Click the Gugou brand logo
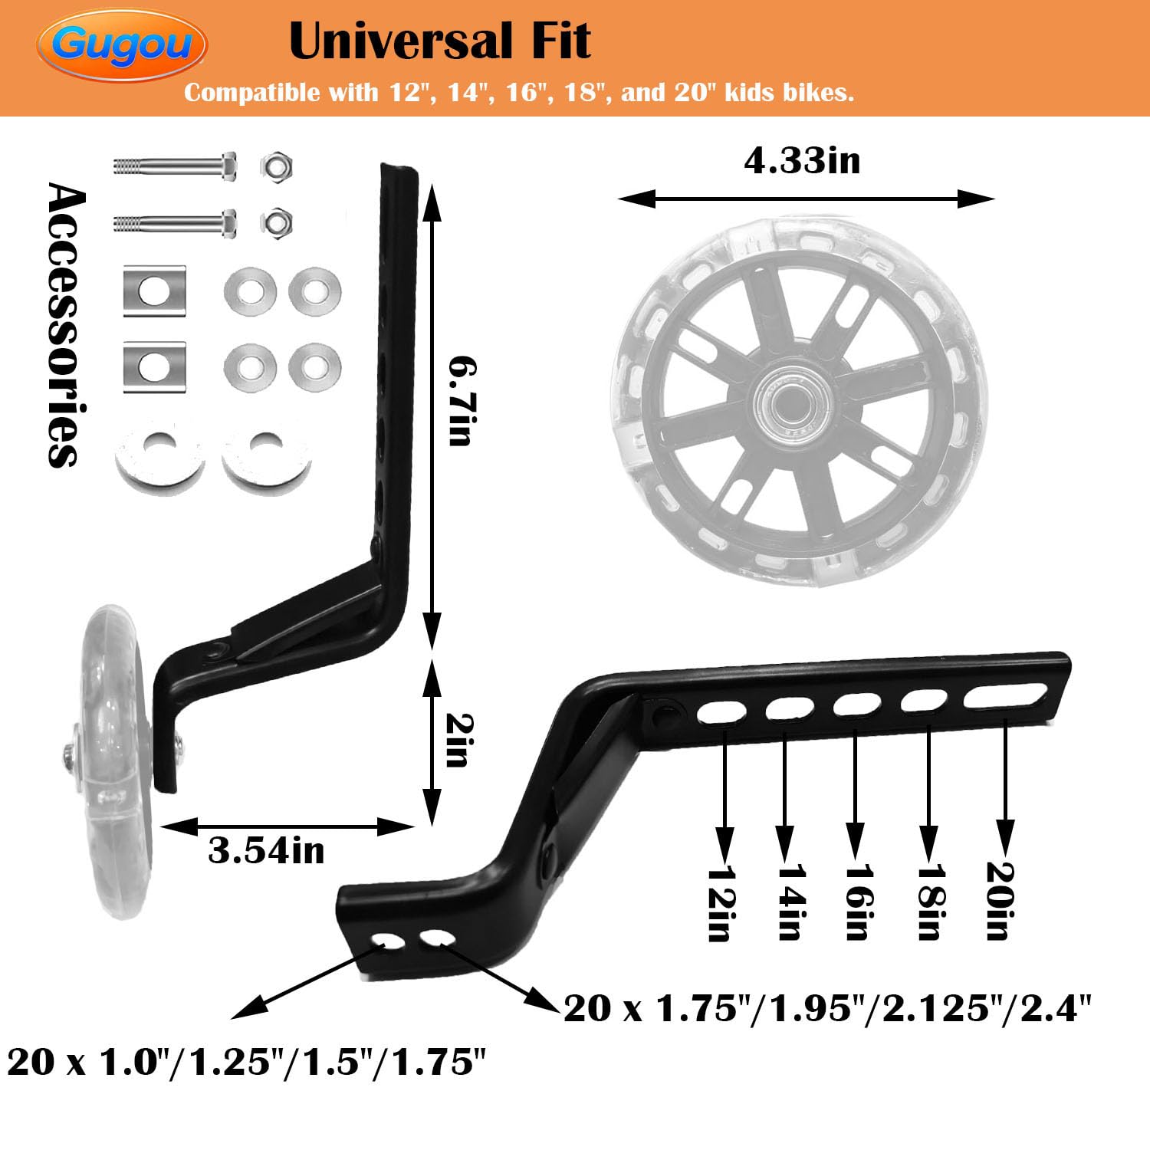coord(121,44)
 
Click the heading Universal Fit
coord(439,41)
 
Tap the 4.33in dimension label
coord(802,161)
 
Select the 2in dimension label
coord(458,740)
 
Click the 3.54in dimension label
coord(266,851)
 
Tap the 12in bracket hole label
coord(721,903)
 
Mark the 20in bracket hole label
coord(1000,900)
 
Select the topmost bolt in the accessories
coord(175,166)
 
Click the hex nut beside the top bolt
coord(276,166)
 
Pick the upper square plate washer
coord(155,291)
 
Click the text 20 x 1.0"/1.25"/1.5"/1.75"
coord(247,1063)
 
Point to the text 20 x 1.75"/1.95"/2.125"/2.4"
coord(826,1008)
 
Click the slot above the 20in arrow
coord(1005,696)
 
